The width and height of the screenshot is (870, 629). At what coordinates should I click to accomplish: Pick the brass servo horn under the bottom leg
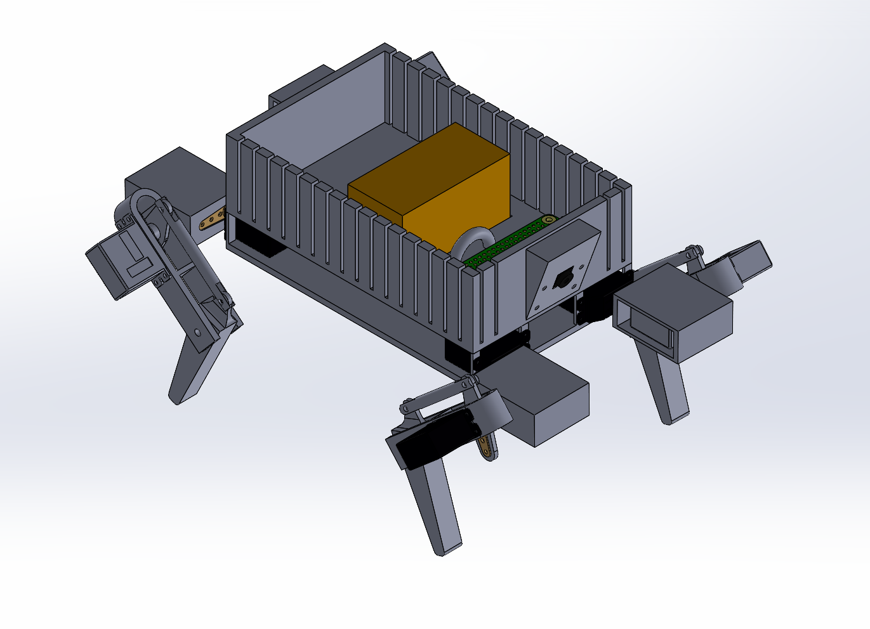pyautogui.click(x=487, y=448)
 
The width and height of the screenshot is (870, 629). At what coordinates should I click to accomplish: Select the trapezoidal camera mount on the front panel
pyautogui.click(x=562, y=269)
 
